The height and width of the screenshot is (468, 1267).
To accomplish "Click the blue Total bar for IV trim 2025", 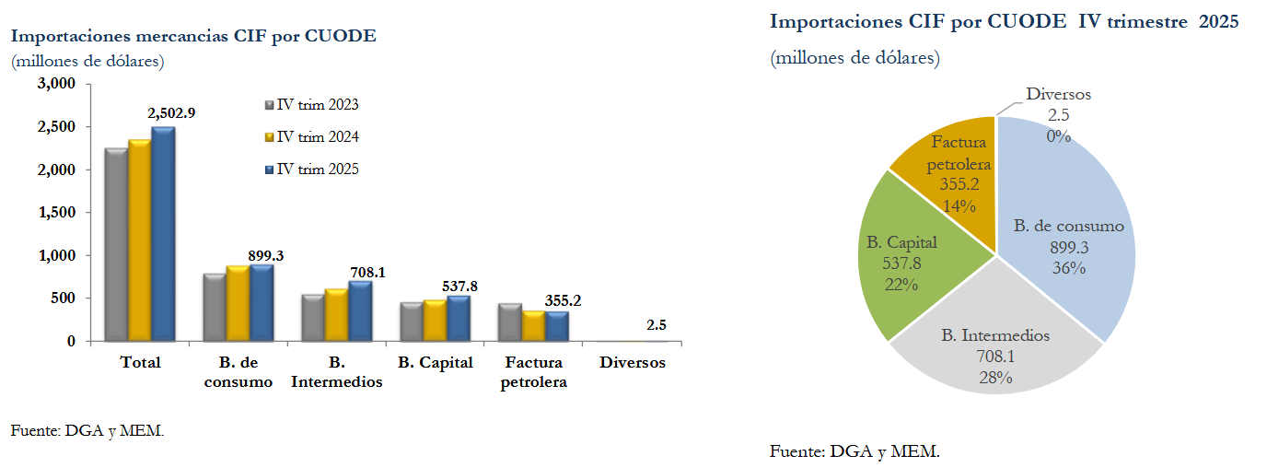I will point(163,235).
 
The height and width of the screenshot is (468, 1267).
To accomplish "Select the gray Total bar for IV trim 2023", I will point(116,244).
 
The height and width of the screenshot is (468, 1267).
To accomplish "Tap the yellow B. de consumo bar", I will point(238,303).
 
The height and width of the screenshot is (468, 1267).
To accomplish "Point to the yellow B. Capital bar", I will point(434,320).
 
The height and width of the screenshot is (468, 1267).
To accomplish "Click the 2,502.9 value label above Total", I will point(171,112).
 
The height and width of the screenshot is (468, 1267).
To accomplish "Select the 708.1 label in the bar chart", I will point(368,273).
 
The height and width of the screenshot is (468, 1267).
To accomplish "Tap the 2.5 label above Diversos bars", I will point(657,325).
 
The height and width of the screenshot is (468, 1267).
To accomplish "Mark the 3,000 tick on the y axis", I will point(56,84).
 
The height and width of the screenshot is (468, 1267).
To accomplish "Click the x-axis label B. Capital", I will point(436,362).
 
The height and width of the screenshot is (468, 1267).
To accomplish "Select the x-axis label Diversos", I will point(633,362).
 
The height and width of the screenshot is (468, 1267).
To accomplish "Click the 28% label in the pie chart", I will point(995,377).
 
